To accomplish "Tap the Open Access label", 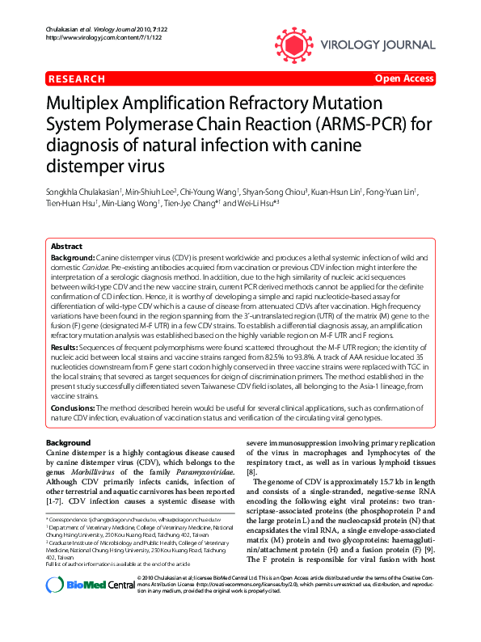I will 404,79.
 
